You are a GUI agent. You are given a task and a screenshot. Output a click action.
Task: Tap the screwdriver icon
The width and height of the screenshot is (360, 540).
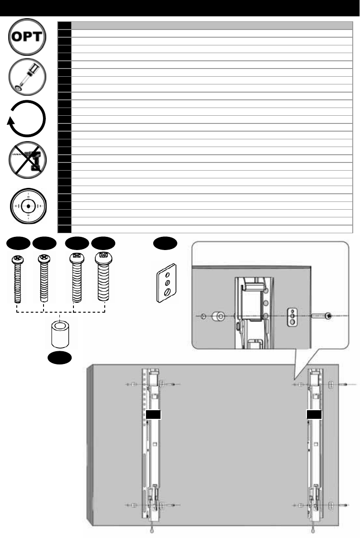[29, 76]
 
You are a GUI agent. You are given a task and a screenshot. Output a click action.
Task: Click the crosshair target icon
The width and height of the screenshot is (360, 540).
[29, 206]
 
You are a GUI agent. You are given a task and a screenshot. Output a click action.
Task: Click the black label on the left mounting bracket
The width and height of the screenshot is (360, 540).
[154, 414]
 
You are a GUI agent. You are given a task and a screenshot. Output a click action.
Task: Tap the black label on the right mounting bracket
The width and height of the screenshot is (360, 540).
[314, 414]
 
